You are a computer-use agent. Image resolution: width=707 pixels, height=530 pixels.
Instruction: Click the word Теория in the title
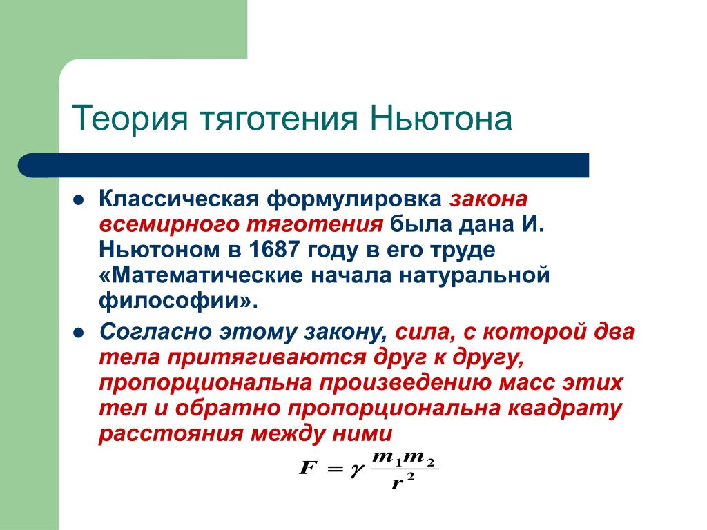(x=129, y=119)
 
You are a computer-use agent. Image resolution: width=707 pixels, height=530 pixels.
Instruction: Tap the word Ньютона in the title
(x=441, y=118)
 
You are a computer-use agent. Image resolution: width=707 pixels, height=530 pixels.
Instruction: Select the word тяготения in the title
(x=279, y=119)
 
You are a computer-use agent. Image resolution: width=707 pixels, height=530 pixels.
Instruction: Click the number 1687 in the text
(x=273, y=249)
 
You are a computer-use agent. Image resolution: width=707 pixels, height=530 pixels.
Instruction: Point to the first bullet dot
(x=79, y=200)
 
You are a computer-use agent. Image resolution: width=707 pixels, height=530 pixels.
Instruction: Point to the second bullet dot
(x=79, y=333)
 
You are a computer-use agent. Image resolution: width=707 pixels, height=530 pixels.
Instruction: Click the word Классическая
(x=179, y=199)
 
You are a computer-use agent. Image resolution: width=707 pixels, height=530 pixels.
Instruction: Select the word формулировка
(x=354, y=199)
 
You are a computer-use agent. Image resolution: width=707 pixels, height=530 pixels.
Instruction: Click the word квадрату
(x=565, y=409)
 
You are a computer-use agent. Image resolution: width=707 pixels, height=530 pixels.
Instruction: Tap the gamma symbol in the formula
(x=356, y=471)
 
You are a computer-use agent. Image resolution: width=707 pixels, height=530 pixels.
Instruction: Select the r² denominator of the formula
(x=403, y=481)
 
